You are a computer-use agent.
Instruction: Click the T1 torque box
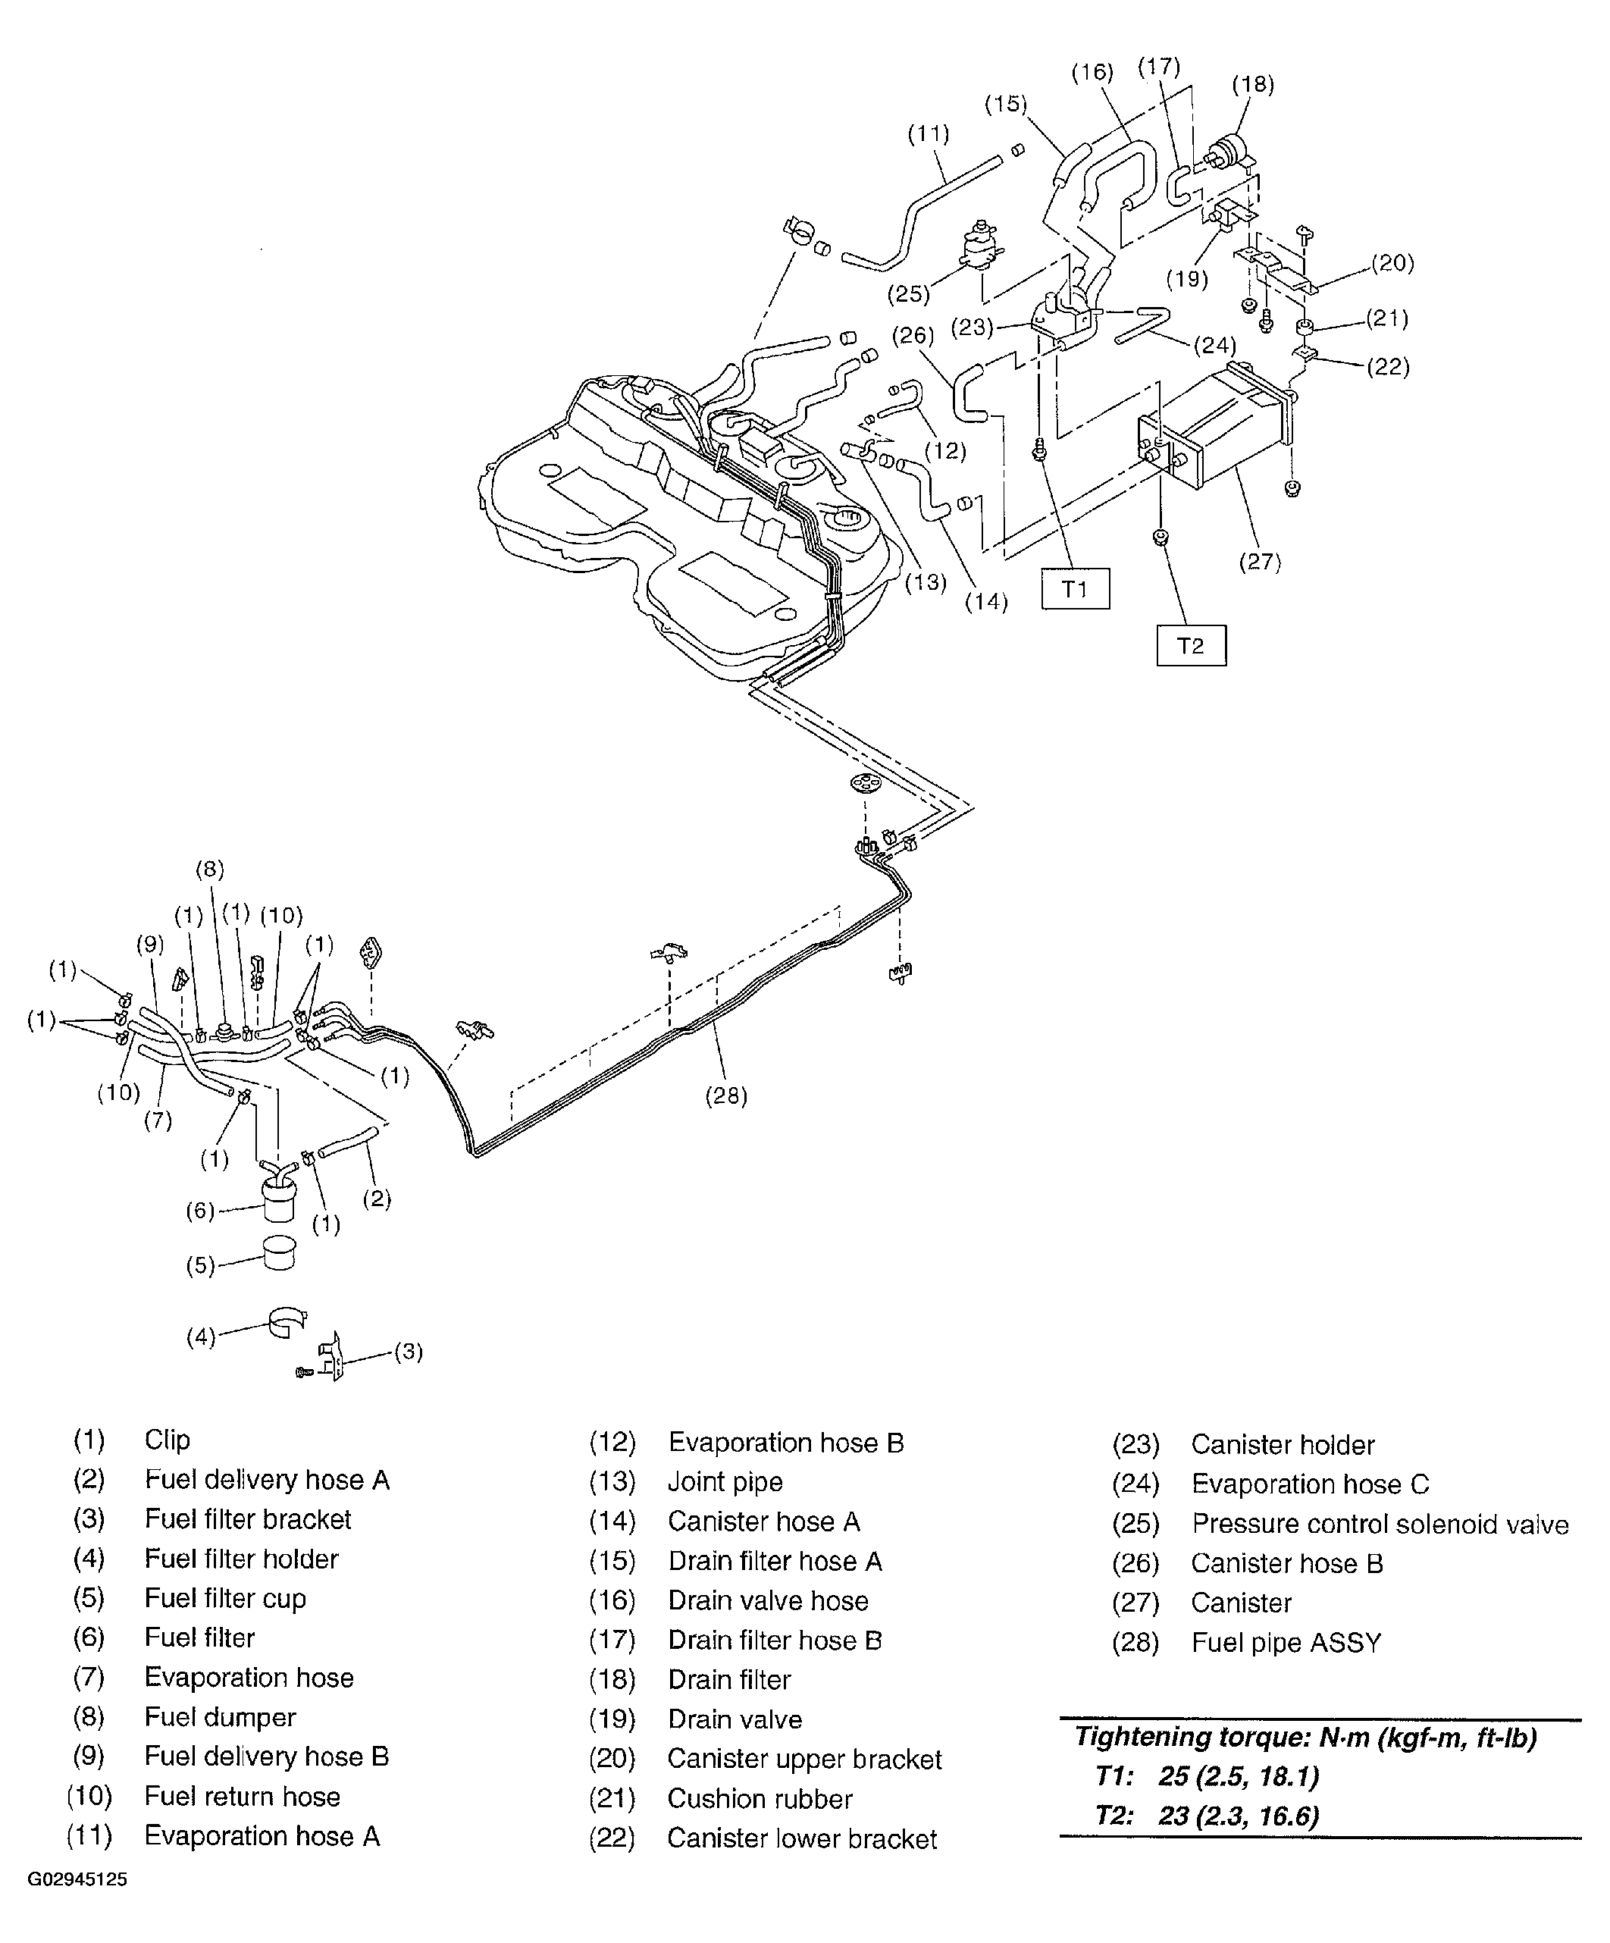pyautogui.click(x=1074, y=588)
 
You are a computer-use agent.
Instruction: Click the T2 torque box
pyautogui.click(x=1191, y=645)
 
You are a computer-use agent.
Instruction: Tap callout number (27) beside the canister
pyautogui.click(x=1259, y=562)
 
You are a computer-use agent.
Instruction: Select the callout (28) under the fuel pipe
pyautogui.click(x=725, y=1095)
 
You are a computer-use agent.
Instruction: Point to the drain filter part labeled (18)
pyautogui.click(x=1233, y=151)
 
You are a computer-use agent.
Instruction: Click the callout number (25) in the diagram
pyautogui.click(x=907, y=294)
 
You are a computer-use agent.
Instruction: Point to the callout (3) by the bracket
pyautogui.click(x=408, y=1352)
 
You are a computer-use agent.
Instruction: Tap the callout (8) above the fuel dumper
pyautogui.click(x=210, y=869)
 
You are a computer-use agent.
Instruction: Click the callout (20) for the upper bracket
pyautogui.click(x=1392, y=263)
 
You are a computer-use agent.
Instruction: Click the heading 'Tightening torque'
pyautogui.click(x=1305, y=1738)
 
